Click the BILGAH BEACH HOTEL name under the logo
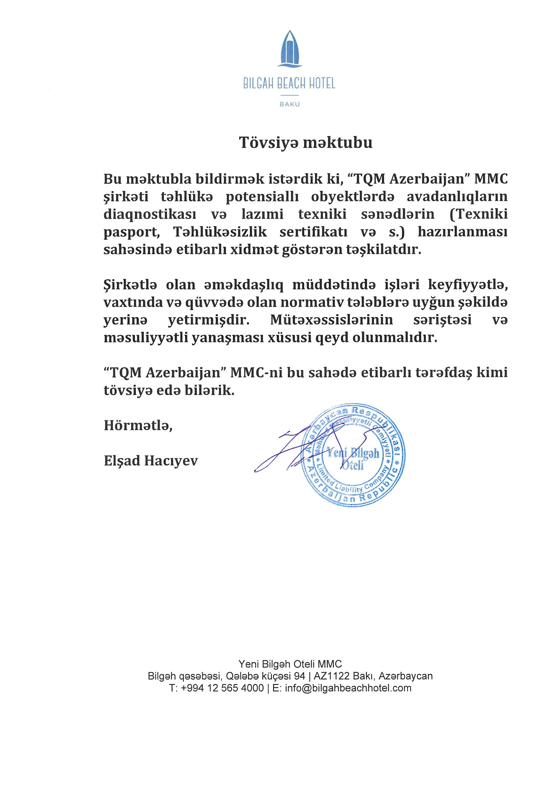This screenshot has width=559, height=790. (289, 84)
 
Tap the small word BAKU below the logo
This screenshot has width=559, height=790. (289, 104)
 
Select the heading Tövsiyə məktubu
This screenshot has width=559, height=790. (306, 143)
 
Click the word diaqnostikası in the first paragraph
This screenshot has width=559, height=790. (150, 215)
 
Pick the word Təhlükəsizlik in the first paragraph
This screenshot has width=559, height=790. (220, 232)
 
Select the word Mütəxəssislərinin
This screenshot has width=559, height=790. (331, 320)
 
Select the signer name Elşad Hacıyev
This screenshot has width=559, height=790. (151, 462)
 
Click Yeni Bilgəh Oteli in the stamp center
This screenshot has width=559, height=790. (353, 458)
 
